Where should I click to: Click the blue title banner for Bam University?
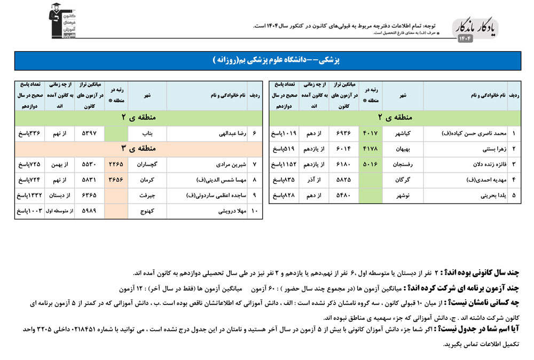click(267, 60)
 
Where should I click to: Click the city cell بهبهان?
click(403, 149)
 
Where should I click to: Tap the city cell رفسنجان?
click(403, 165)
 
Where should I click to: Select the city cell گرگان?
click(403, 180)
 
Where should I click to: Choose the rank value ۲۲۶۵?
click(115, 165)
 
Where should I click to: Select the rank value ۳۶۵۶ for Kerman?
click(115, 180)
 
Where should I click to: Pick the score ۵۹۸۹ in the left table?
click(90, 212)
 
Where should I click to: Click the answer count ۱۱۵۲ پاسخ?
click(285, 165)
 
